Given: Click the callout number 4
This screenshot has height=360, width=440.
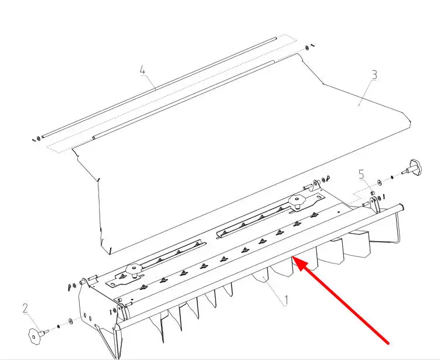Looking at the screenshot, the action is point(143,70).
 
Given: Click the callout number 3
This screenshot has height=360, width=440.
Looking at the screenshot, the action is point(374,75).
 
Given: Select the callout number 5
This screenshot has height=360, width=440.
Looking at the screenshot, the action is point(361,174).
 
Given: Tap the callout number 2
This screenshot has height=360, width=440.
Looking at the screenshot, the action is point(25,308).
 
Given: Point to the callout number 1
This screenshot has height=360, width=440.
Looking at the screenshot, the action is point(286,300).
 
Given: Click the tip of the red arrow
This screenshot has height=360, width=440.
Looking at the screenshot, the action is point(293,257).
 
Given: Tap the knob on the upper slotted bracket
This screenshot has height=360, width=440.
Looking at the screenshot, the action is point(296,200).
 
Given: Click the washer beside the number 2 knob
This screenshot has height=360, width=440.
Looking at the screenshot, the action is point(70,321).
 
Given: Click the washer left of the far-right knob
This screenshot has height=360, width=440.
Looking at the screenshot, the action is point(379,183).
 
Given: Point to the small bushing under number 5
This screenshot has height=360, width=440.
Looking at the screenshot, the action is point(373,193).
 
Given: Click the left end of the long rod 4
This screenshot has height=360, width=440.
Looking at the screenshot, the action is point(43,137).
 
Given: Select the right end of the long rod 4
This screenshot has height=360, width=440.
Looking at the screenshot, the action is point(275,38).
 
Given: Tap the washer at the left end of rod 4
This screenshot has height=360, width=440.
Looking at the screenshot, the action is point(38,139).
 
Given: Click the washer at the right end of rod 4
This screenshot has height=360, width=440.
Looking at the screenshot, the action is point(307,47).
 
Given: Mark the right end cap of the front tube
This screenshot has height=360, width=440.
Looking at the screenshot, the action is point(401,208).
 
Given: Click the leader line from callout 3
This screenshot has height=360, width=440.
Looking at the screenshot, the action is point(366,93).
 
